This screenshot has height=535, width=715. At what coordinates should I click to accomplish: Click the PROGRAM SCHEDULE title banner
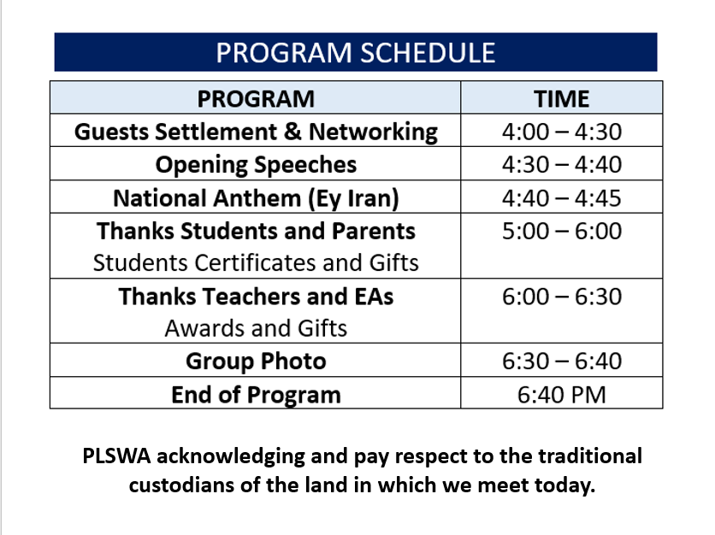point(356,52)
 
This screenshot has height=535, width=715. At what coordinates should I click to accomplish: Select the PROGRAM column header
point(256,99)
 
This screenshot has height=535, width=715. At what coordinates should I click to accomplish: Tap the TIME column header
point(562,99)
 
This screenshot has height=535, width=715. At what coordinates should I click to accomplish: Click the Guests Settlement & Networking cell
point(256,132)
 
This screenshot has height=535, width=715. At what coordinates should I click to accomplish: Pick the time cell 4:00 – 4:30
point(562,132)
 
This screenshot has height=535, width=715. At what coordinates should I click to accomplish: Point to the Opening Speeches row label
point(256,164)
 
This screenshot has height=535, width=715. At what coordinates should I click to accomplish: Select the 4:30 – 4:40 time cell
point(562,164)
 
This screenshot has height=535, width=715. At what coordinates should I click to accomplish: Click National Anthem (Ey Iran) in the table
point(256,198)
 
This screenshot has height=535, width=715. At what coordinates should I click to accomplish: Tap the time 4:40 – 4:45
point(562,198)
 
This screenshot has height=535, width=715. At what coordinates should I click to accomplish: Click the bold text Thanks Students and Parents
point(256,231)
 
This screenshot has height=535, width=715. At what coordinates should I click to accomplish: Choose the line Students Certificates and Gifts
point(256,263)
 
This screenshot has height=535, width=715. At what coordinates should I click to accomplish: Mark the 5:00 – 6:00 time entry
point(562,231)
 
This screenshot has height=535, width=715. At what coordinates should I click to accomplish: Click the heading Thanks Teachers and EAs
point(256,297)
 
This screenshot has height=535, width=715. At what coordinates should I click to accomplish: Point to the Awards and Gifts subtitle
point(256,328)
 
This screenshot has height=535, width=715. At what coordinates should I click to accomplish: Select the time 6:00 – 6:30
point(562,297)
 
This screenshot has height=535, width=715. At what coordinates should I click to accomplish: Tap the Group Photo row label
point(256,362)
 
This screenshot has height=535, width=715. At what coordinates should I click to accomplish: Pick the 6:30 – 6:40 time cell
point(562,361)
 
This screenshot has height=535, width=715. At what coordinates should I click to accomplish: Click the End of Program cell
point(256,395)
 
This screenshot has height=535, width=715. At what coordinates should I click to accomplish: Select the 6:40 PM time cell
point(562,395)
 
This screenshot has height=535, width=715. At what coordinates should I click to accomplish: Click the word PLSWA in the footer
point(116,456)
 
